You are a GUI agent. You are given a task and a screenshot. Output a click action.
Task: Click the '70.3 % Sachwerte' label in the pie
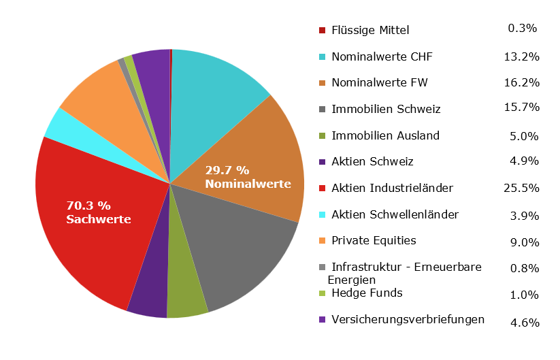(98, 212)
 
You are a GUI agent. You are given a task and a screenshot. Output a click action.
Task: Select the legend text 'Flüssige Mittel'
(370, 30)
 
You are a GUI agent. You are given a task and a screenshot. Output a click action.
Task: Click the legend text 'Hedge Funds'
(367, 293)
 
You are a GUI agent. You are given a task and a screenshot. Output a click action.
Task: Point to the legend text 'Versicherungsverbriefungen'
(408, 319)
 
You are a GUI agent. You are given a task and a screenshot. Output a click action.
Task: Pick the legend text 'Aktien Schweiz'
(372, 162)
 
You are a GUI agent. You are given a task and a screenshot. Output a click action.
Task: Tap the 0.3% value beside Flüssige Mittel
(523, 29)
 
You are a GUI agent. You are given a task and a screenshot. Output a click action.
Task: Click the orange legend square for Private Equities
(323, 241)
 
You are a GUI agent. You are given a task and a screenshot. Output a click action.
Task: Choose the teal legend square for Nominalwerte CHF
(323, 57)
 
